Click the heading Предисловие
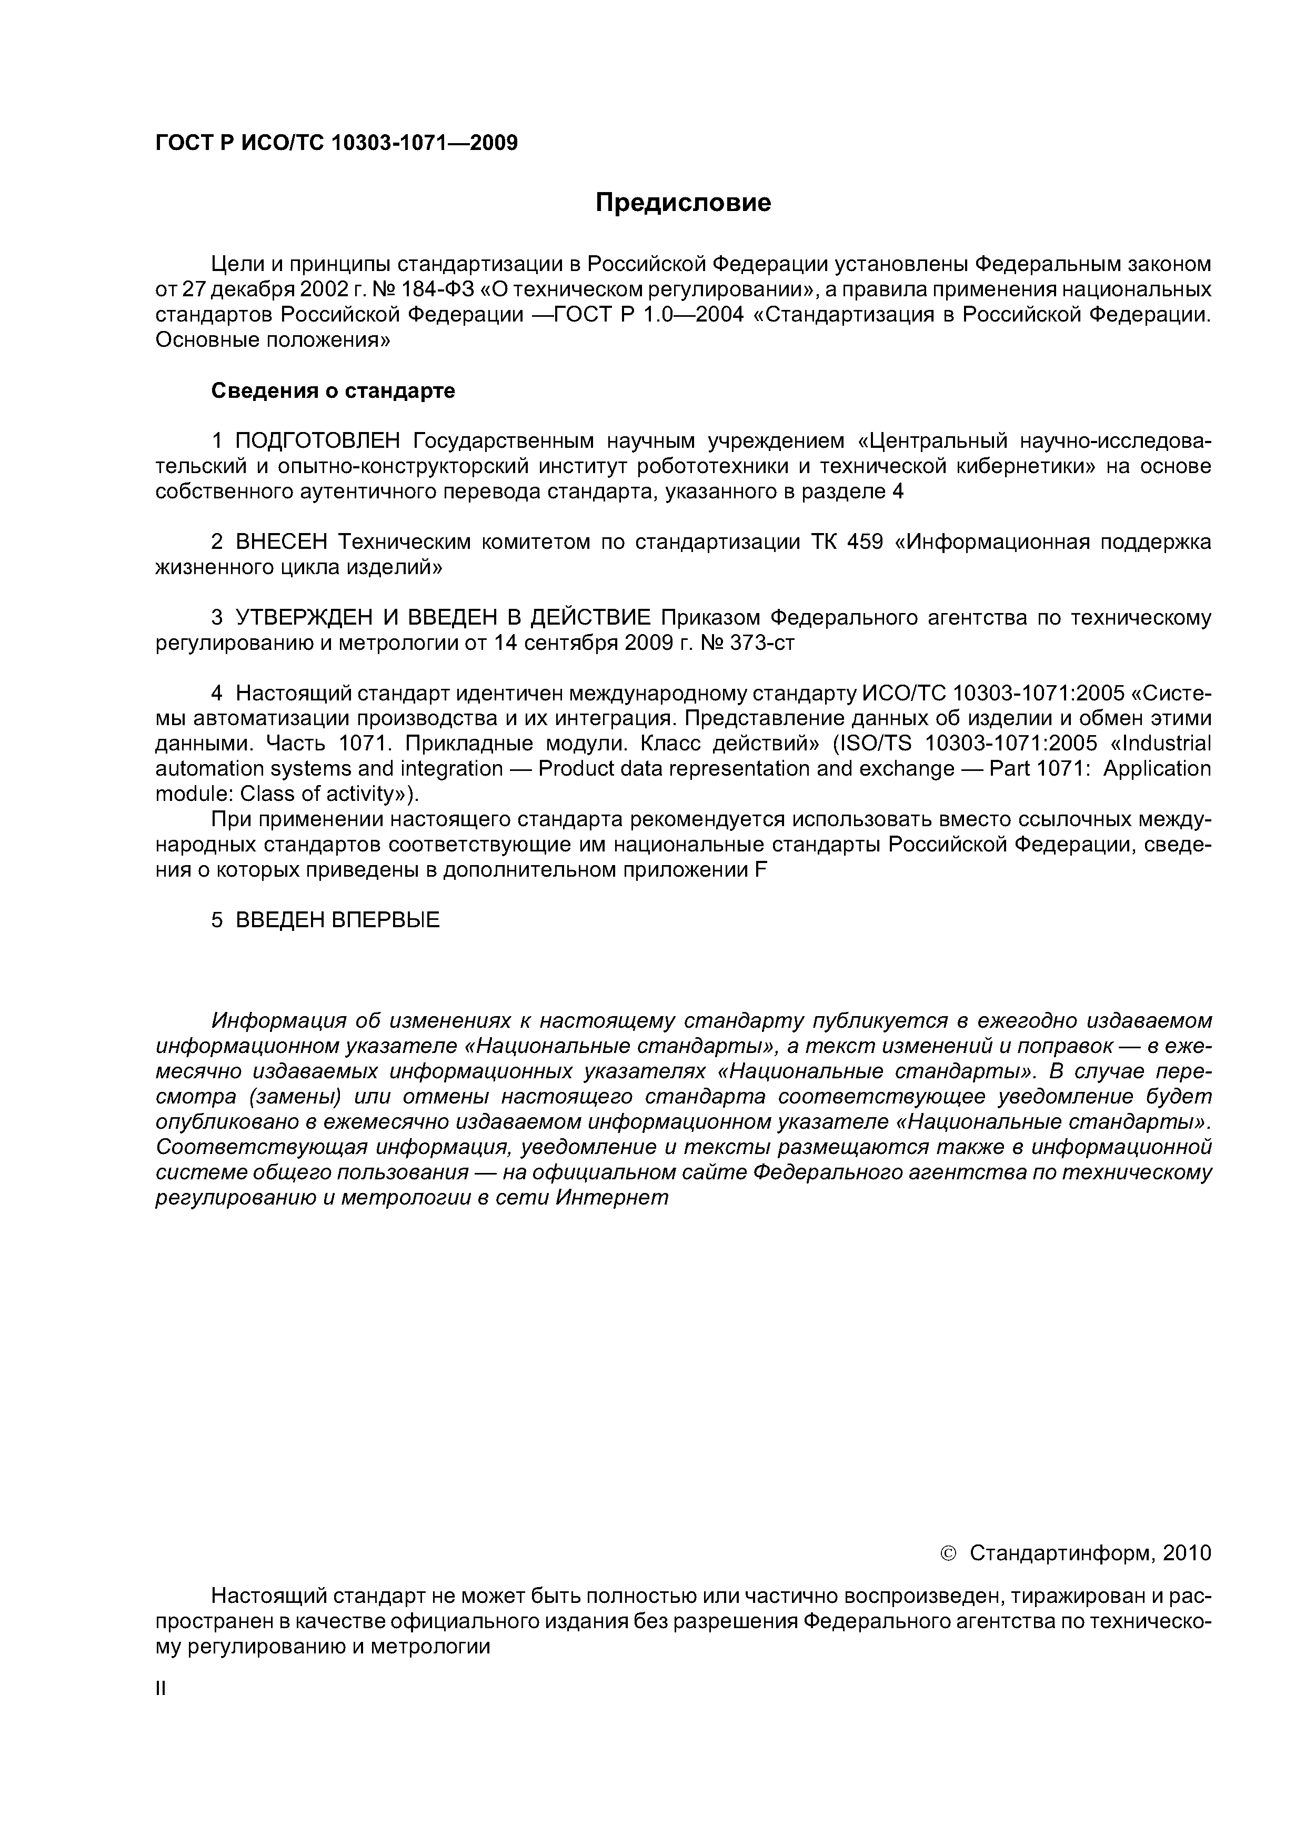[x=682, y=203]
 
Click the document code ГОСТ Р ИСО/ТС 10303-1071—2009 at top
[x=336, y=143]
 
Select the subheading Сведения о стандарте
[x=333, y=391]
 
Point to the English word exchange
[x=906, y=769]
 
